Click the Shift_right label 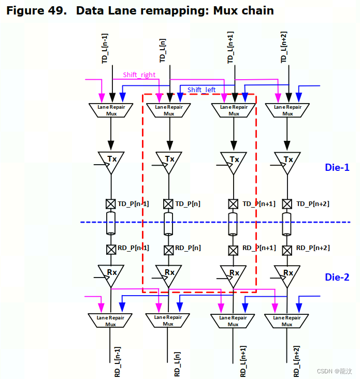(x=139, y=75)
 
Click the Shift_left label (x=201, y=90)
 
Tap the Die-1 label (x=337, y=168)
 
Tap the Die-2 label (x=337, y=277)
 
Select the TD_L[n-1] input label (x=105, y=49)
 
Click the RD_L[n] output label (x=177, y=363)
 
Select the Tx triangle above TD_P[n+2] (x=287, y=161)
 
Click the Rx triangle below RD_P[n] (x=168, y=274)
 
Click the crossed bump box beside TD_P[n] (x=168, y=203)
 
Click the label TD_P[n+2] (x=312, y=203)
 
